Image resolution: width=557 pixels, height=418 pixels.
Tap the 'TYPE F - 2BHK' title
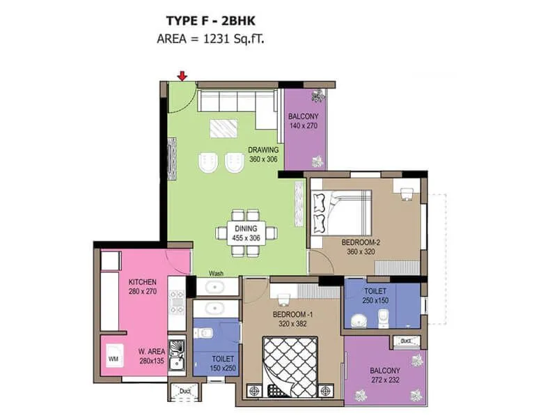[208, 21]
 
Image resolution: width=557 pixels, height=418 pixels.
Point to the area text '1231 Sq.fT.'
[233, 39]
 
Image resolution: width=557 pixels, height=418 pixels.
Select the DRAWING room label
[263, 150]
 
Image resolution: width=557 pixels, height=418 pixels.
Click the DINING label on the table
[246, 228]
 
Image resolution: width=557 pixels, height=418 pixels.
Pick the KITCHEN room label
[142, 282]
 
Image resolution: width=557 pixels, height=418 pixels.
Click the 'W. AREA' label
[151, 351]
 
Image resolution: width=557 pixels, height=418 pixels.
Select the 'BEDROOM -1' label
[292, 315]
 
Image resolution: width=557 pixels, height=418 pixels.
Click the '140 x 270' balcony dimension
[303, 126]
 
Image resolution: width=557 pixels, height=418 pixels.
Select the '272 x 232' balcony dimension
[385, 380]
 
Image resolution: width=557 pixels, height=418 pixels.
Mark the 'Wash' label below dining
[215, 274]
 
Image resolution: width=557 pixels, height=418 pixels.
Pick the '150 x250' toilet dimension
[222, 368]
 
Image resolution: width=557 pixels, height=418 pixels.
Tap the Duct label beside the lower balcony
[405, 341]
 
